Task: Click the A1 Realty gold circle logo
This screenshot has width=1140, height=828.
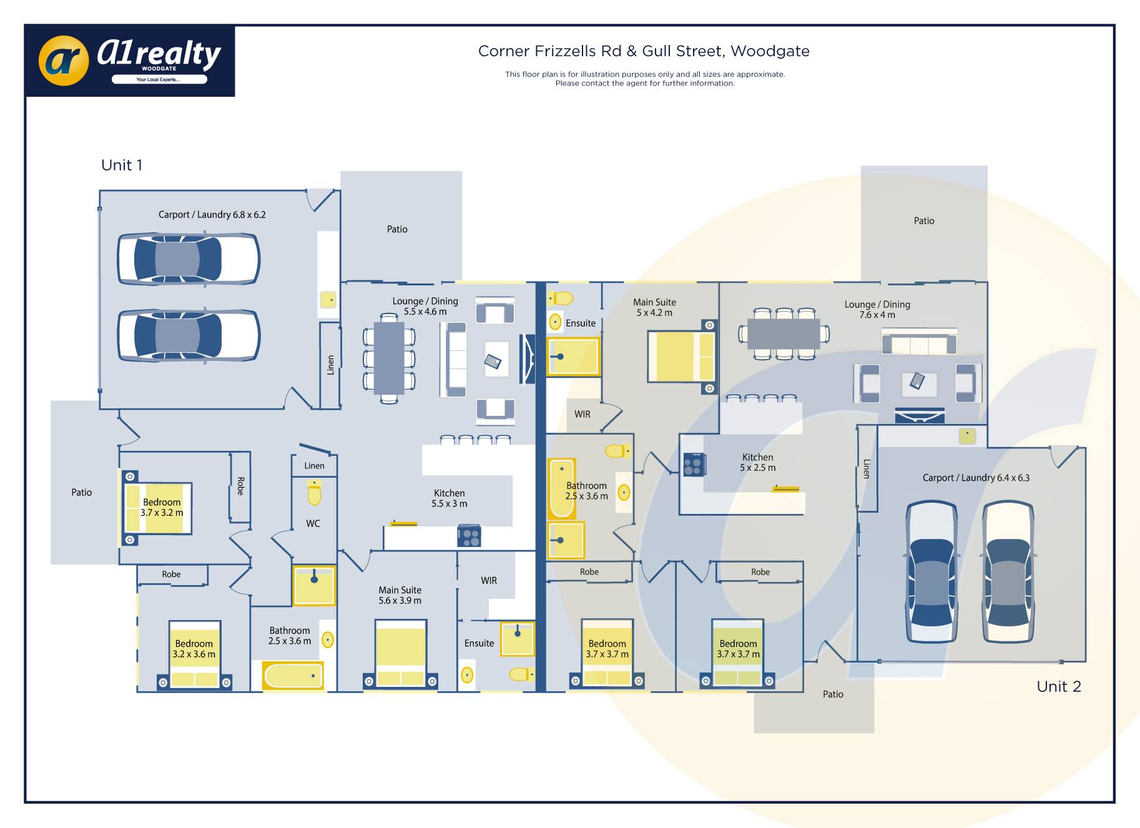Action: (x=64, y=60)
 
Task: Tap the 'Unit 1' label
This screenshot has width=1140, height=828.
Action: (x=122, y=165)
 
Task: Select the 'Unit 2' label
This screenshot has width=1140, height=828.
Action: (x=1058, y=687)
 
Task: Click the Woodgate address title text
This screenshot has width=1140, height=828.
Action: (x=644, y=51)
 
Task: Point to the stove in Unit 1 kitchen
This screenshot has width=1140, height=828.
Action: (x=469, y=536)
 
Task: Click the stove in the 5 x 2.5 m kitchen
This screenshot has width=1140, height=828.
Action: (x=693, y=465)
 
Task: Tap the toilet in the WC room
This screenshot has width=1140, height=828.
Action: (x=314, y=493)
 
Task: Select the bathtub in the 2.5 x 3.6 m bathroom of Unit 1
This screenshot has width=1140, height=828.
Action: (x=293, y=676)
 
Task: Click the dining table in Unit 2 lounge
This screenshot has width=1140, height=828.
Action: (x=783, y=333)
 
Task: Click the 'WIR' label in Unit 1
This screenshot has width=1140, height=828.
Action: (x=489, y=581)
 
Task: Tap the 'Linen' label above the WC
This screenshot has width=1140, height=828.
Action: (x=314, y=466)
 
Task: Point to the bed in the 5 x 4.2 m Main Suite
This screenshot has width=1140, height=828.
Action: (x=681, y=356)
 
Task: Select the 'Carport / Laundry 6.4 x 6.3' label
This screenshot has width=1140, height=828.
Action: (x=976, y=478)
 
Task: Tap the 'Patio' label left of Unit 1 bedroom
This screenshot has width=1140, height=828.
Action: (x=81, y=493)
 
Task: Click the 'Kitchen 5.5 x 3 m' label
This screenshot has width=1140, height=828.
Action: (x=450, y=498)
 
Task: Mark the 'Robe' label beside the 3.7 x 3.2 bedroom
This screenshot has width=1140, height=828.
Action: (x=240, y=486)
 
